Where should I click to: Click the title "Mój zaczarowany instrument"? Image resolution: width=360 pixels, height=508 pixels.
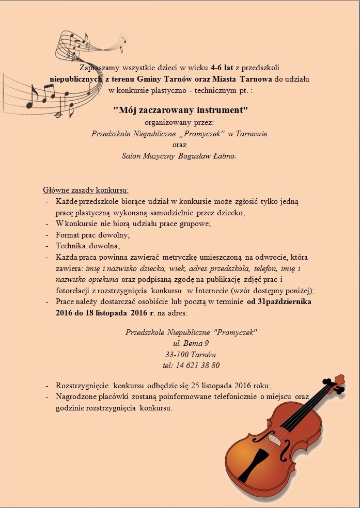181,110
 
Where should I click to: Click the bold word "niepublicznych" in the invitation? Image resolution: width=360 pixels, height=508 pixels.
75,79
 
